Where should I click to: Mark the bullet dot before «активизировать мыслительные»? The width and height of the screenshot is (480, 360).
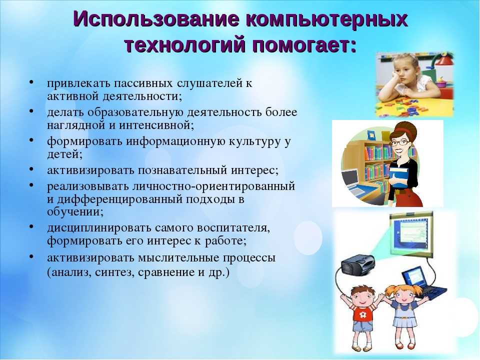point(31,257)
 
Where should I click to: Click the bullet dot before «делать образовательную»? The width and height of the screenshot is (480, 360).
point(31,111)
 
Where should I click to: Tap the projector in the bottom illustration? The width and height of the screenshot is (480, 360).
point(358,265)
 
